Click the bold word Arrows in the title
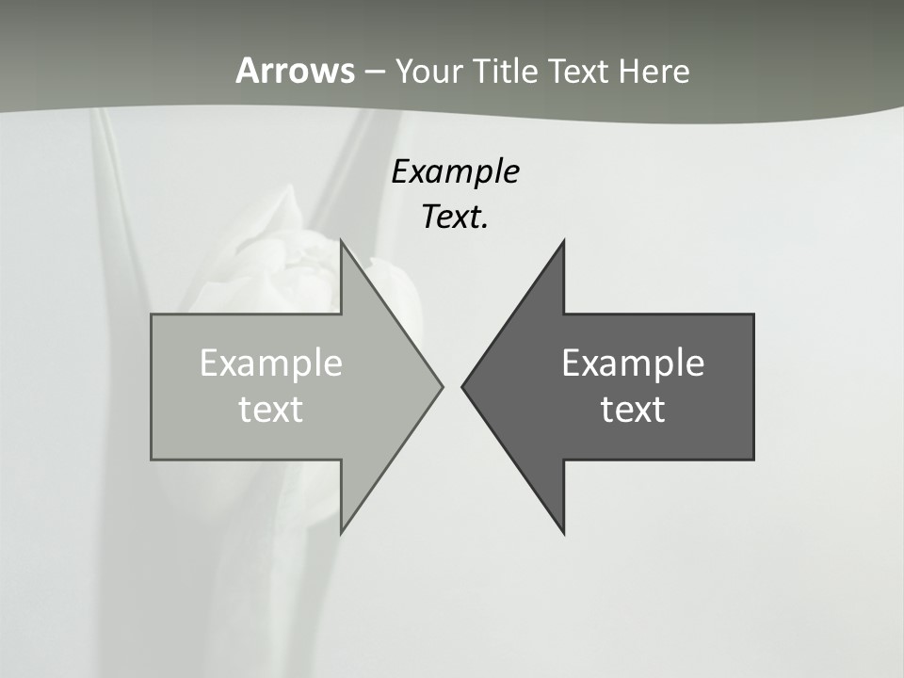tap(295, 71)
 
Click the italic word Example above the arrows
tap(455, 172)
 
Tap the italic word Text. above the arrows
tap(455, 218)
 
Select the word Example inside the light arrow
tap(271, 363)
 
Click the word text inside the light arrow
tap(271, 409)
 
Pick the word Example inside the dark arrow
tap(633, 363)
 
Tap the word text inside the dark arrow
tap(633, 409)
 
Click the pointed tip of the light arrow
tap(442, 386)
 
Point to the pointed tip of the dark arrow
tap(462, 386)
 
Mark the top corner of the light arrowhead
tap(342, 241)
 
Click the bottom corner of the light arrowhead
tap(342, 532)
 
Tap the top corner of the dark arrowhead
tap(563, 241)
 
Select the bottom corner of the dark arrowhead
tap(563, 533)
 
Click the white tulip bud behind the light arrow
tap(282, 254)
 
